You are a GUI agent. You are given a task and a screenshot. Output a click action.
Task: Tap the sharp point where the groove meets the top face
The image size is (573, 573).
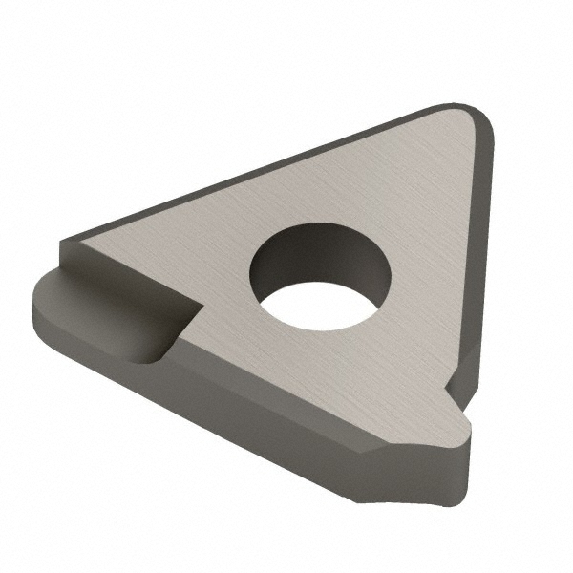(199, 306)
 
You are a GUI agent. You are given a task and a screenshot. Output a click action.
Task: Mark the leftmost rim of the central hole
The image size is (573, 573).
(251, 272)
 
